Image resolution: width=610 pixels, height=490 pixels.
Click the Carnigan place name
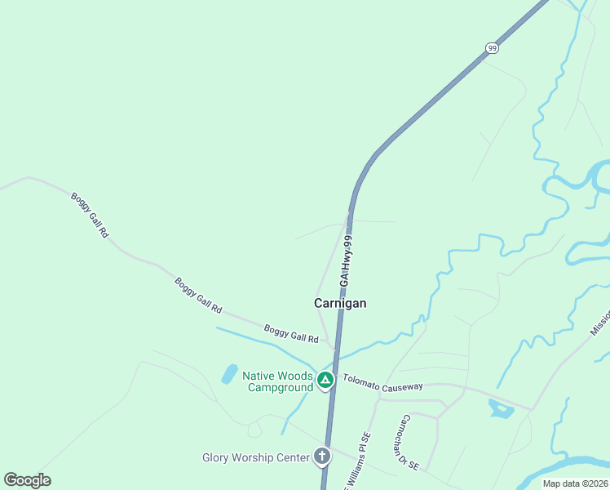click(x=340, y=303)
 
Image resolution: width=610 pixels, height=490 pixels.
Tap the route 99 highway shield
click(x=491, y=48)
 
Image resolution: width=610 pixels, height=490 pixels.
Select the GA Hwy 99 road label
click(x=347, y=261)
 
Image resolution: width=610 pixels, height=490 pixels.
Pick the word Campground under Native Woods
click(x=281, y=387)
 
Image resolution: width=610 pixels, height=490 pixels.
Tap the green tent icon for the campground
click(x=325, y=379)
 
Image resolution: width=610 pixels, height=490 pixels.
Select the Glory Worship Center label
click(x=255, y=457)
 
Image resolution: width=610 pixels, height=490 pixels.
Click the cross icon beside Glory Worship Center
click(x=322, y=457)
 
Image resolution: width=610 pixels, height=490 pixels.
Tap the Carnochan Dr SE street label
click(x=408, y=442)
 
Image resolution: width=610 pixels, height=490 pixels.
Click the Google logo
click(x=27, y=480)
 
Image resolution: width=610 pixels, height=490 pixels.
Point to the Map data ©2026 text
click(x=575, y=483)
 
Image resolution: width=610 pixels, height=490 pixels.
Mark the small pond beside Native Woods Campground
click(x=229, y=374)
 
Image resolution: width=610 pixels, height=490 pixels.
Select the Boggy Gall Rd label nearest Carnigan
click(x=291, y=333)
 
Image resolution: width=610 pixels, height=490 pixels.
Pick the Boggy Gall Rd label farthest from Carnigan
click(x=90, y=214)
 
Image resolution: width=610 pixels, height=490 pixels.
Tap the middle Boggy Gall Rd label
click(x=198, y=295)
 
